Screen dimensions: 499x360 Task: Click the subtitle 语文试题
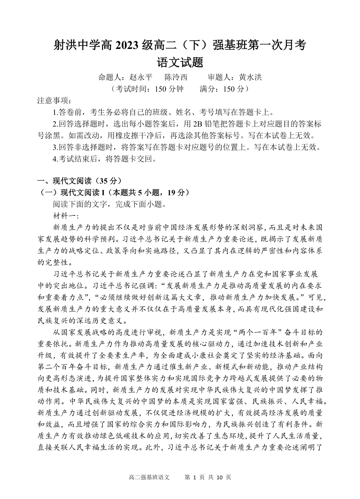(180, 62)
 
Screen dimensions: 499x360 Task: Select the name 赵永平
(141, 77)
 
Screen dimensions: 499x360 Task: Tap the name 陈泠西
(176, 77)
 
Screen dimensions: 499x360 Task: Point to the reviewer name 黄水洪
(250, 77)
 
